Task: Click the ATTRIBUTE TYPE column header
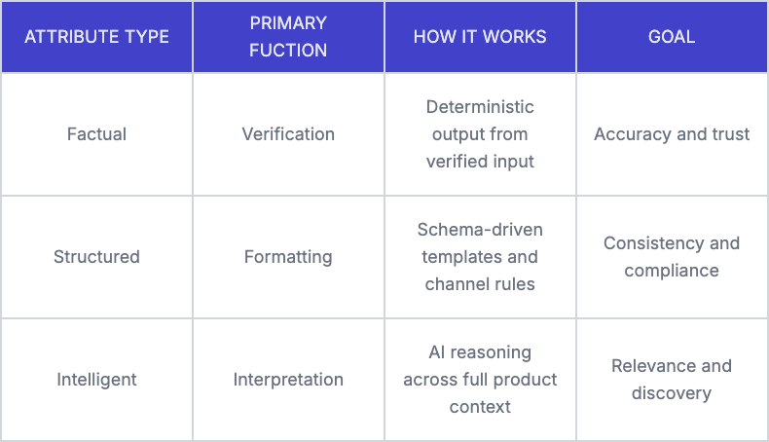[96, 37]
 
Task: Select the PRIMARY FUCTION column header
[288, 37]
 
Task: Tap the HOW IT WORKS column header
[480, 37]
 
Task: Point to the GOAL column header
[672, 37]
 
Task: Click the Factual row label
[96, 134]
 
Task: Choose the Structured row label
[96, 257]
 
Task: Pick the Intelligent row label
[96, 380]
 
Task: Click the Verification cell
[288, 134]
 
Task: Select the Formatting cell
[288, 257]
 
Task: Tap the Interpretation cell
[288, 380]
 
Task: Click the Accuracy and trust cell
[672, 134]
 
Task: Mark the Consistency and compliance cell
[672, 257]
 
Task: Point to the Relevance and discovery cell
[672, 380]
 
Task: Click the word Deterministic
[480, 107]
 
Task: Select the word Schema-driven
[480, 230]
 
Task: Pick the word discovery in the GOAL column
[672, 393]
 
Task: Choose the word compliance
[672, 271]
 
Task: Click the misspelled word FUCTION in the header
[288, 50]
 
